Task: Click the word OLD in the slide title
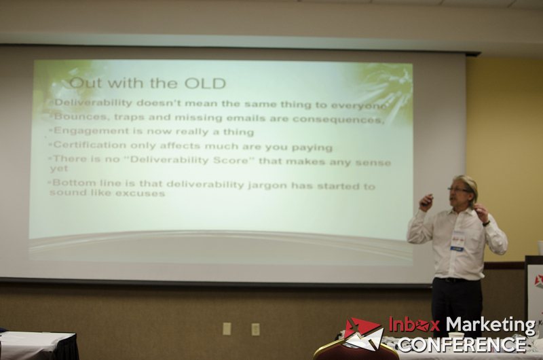point(205,84)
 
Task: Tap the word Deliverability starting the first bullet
point(94,103)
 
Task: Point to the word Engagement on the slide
point(92,131)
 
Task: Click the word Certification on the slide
point(90,145)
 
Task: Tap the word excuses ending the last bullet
point(141,194)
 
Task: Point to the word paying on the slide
point(312,148)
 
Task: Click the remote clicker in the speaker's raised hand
point(427,200)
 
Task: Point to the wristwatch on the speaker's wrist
point(487,223)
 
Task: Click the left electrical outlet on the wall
point(227,329)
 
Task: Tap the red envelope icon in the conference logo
point(364,334)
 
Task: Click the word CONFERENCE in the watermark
point(462,344)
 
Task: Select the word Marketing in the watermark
point(490,325)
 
